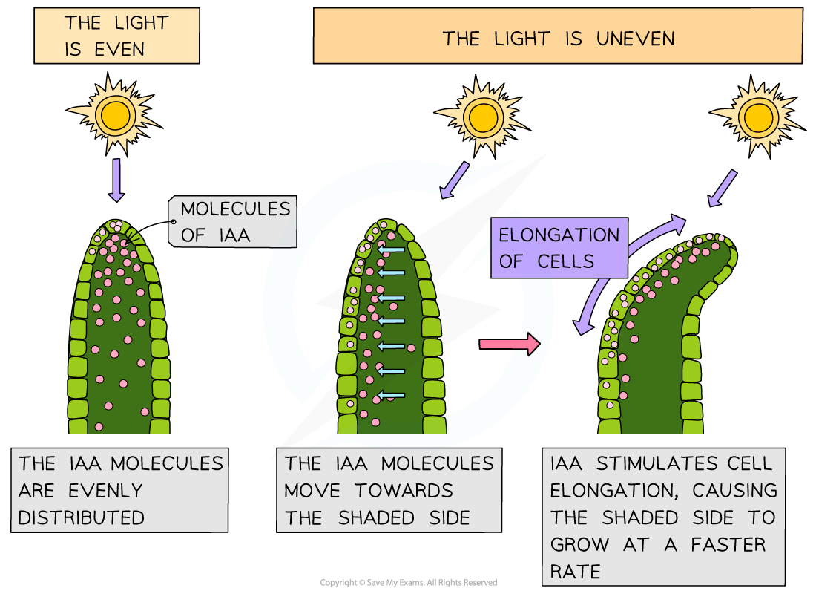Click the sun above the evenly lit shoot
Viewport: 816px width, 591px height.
point(115,114)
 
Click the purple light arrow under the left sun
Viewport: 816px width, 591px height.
point(116,180)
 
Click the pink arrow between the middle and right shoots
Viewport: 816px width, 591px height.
point(510,344)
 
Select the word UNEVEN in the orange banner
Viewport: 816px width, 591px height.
point(635,39)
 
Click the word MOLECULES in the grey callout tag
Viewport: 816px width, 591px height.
point(236,209)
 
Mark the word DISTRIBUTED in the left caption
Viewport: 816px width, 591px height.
point(82,517)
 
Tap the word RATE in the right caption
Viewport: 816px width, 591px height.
point(575,571)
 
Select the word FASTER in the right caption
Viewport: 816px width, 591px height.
point(728,544)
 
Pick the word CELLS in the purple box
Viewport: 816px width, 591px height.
point(567,261)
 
